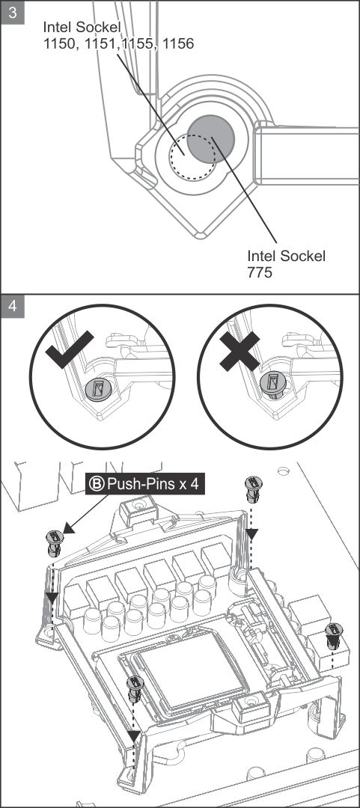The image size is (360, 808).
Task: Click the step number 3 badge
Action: click(x=13, y=12)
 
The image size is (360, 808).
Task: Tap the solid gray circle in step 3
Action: click(x=210, y=138)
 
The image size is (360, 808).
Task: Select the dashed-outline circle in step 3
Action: click(x=192, y=156)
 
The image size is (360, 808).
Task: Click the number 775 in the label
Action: click(x=260, y=272)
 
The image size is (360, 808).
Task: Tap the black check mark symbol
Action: click(x=69, y=350)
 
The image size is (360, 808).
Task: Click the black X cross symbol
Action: click(x=240, y=350)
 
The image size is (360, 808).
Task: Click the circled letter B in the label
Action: click(x=99, y=484)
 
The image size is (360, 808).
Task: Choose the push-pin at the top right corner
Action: click(x=253, y=489)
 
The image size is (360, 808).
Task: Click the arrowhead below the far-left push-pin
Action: click(x=52, y=597)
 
